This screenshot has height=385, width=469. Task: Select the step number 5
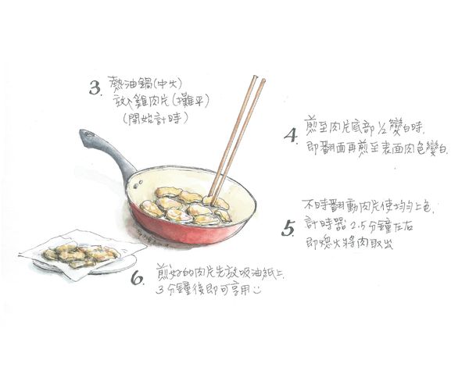(x=288, y=229)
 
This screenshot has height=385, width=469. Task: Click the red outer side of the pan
(x=195, y=231)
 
